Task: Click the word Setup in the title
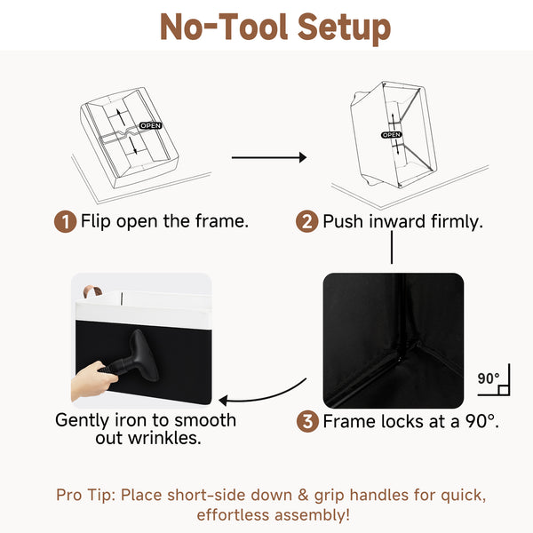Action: pos(344,28)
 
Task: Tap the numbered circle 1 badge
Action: pos(65,221)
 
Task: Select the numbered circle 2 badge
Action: pos(307,221)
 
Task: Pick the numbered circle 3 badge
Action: pos(307,421)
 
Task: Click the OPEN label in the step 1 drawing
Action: pos(150,126)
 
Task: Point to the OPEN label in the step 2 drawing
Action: pos(391,135)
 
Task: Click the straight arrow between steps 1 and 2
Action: pos(269,157)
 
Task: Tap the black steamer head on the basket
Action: pos(142,354)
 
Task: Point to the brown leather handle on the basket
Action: pos(92,291)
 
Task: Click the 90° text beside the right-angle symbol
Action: pos(488,378)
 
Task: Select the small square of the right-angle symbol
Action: pos(504,390)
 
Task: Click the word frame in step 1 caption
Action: pos(221,221)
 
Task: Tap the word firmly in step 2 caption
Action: pos(457,222)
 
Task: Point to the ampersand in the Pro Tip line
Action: pos(303,496)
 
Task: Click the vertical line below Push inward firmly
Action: pos(392,247)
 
